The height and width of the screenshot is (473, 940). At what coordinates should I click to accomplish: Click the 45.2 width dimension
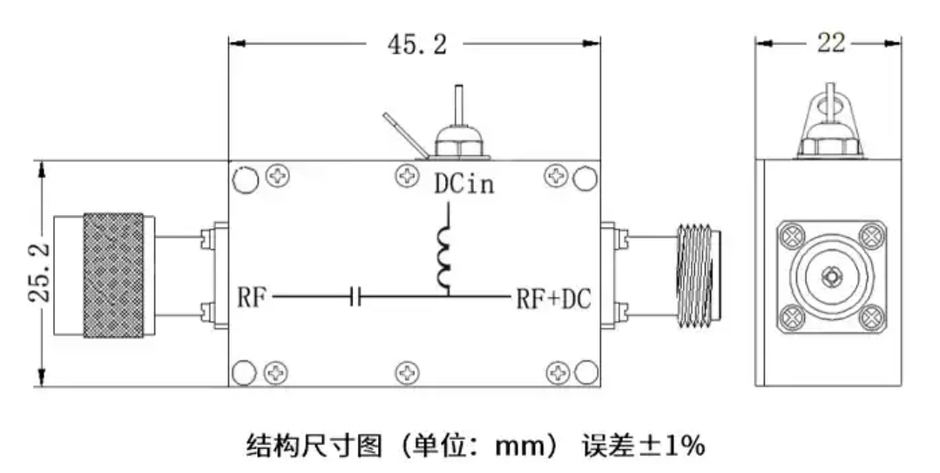coord(416,44)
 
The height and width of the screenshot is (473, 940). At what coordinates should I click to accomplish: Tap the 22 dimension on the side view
coord(830,43)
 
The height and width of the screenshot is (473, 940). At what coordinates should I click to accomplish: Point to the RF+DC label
coord(553,300)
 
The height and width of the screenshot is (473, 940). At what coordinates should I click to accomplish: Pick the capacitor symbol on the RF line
coord(355,299)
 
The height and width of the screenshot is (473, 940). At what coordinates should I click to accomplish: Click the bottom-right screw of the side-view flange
coord(872,317)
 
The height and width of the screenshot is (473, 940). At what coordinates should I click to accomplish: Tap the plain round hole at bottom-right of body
coord(584,373)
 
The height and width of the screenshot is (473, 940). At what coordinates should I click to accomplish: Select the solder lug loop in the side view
coord(831,105)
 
